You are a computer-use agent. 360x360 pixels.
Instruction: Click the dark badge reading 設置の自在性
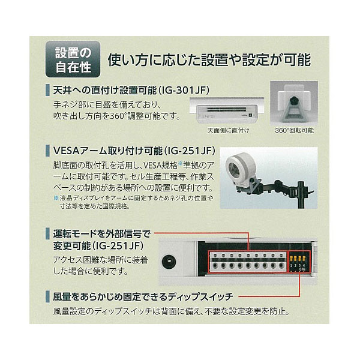click(x=73, y=59)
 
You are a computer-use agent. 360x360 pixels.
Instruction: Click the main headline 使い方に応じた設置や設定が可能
click(x=209, y=59)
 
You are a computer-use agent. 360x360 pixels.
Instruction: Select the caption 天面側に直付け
click(x=228, y=130)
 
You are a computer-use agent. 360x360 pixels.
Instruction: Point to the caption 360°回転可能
click(x=294, y=130)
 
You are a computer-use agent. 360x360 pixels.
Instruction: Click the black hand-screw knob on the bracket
click(x=293, y=100)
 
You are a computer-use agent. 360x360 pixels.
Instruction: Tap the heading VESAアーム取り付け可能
click(x=108, y=151)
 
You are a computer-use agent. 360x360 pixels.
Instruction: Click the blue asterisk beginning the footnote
click(x=56, y=197)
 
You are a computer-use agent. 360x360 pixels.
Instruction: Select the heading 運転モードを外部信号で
click(x=102, y=234)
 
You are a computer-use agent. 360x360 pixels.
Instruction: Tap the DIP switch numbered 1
click(x=292, y=260)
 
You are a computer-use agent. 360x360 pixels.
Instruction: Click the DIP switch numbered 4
click(x=304, y=260)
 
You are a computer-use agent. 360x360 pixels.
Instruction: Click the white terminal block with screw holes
click(x=248, y=262)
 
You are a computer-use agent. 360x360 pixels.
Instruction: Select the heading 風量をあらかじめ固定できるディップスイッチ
click(x=143, y=297)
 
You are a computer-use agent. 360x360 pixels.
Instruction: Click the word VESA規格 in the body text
click(x=160, y=165)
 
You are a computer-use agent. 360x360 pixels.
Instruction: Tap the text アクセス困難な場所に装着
click(x=100, y=260)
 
